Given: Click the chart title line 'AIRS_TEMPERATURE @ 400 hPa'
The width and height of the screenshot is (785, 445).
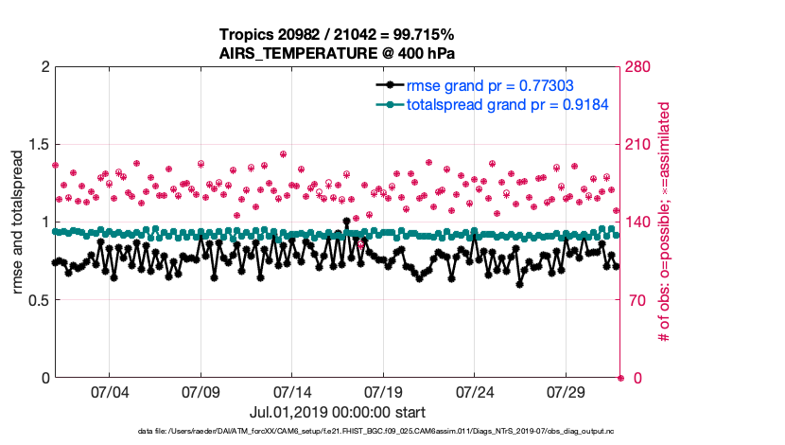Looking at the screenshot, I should click(338, 53).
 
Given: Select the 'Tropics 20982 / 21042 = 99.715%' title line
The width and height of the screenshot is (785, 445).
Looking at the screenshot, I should click(338, 35).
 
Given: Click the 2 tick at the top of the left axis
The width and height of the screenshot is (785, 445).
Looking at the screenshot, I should click(44, 67).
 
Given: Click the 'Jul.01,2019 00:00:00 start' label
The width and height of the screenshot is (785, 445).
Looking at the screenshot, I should click(338, 413).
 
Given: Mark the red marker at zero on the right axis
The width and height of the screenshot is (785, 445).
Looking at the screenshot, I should click(620, 378).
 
